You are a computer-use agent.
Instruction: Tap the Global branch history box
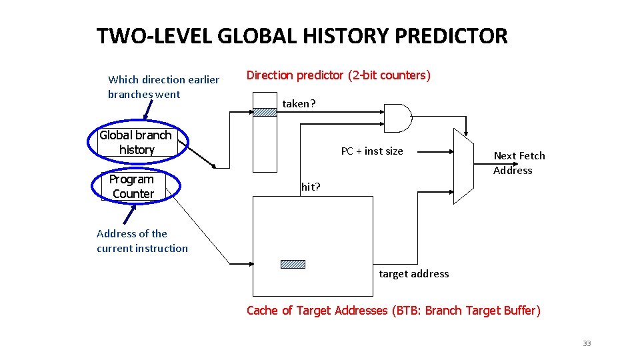tap(136, 143)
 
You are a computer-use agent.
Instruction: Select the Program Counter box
tap(132, 186)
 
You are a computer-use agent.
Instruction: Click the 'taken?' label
tap(299, 103)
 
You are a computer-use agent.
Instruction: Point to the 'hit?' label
tap(311, 187)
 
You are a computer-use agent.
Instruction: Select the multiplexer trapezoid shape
tap(463, 165)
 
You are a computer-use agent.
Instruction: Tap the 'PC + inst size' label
tap(372, 151)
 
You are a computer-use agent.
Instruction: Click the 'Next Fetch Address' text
tap(519, 163)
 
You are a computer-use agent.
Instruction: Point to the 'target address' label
tap(413, 273)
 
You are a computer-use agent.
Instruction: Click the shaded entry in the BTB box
tap(293, 264)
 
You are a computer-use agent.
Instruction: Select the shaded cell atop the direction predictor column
tap(265, 112)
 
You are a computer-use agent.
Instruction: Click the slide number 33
tap(587, 343)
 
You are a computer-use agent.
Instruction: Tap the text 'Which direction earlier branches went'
tap(163, 87)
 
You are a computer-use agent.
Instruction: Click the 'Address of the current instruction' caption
tap(142, 241)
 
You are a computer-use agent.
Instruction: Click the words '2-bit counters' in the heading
tap(391, 75)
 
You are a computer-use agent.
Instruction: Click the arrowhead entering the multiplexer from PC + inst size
tap(450, 151)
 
